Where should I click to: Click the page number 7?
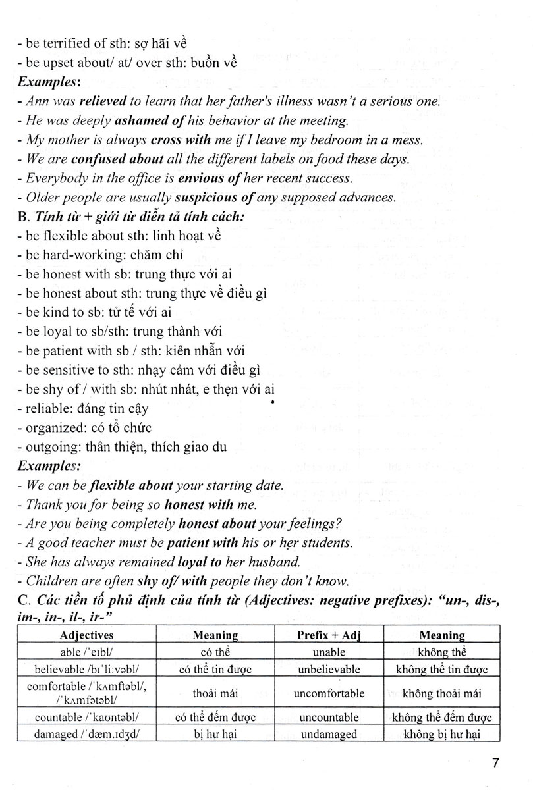click(x=495, y=764)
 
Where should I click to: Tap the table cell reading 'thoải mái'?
click(x=215, y=693)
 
